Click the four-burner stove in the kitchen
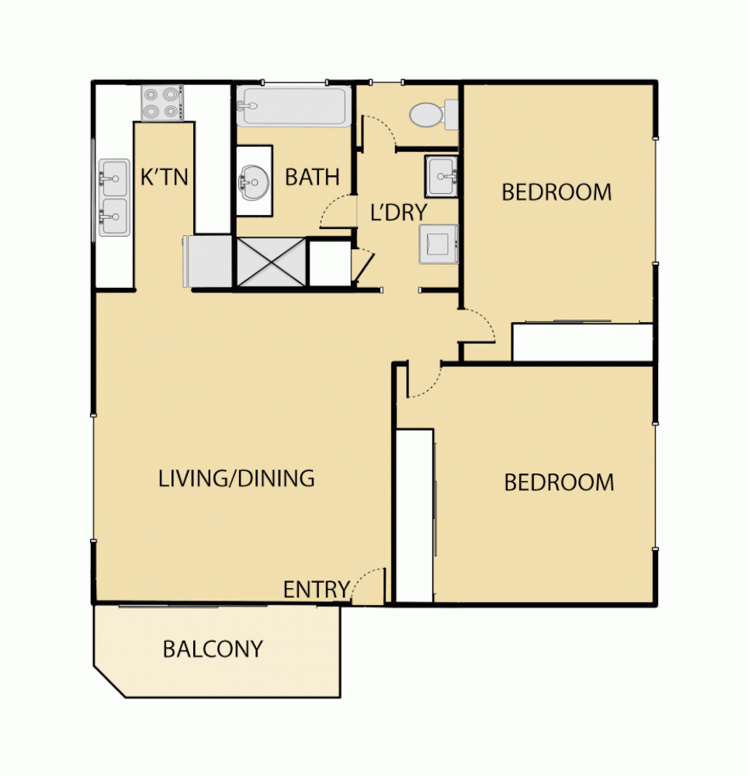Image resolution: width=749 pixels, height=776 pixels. (x=161, y=102)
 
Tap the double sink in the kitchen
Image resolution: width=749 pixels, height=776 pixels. (x=113, y=197)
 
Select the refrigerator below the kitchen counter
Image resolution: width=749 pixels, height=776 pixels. (x=207, y=262)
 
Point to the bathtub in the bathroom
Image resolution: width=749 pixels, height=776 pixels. (x=293, y=107)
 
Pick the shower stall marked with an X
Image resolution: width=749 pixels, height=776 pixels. (x=271, y=262)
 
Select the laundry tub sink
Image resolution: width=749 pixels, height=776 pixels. (x=442, y=176)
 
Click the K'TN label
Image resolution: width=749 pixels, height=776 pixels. (x=164, y=177)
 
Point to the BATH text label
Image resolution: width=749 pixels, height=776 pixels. (x=312, y=177)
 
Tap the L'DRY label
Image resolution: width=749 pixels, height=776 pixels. (x=398, y=212)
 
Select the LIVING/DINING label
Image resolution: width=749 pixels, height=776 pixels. (x=237, y=478)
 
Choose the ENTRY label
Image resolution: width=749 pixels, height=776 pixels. (x=316, y=590)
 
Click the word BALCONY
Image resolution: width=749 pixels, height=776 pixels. (x=213, y=649)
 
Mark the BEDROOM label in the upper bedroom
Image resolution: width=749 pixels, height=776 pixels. (x=557, y=192)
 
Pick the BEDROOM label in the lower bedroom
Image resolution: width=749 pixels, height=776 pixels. (x=559, y=483)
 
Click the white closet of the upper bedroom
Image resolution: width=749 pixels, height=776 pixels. (x=582, y=342)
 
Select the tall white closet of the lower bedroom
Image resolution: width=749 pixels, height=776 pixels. (x=414, y=515)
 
